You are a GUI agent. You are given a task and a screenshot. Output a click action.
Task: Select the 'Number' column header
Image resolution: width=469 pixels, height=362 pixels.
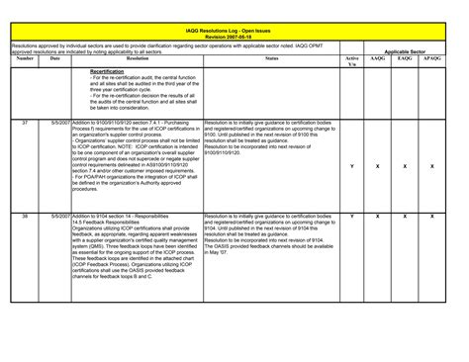pyautogui.click(x=25, y=59)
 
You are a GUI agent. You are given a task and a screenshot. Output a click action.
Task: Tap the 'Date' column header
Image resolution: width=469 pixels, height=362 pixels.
pyautogui.click(x=55, y=59)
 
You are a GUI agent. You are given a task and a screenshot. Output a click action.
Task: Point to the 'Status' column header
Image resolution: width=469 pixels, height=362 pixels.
pyautogui.click(x=271, y=59)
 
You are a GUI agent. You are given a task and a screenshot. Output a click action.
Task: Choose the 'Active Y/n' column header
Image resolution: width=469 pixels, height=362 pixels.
pyautogui.click(x=352, y=61)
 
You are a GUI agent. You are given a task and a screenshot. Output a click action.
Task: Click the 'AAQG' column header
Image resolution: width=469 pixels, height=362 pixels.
pyautogui.click(x=378, y=59)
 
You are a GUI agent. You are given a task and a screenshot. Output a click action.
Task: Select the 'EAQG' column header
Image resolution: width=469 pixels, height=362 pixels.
pyautogui.click(x=405, y=59)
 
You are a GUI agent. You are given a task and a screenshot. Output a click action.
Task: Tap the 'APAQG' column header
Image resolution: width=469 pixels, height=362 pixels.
pyautogui.click(x=432, y=59)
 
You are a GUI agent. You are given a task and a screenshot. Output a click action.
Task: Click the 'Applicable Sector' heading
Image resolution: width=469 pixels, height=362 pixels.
pyautogui.click(x=405, y=51)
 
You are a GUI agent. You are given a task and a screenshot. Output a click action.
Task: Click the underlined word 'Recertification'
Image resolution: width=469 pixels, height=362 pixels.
pyautogui.click(x=107, y=72)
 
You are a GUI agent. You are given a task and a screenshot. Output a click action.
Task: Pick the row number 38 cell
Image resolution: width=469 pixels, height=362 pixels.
pyautogui.click(x=25, y=215)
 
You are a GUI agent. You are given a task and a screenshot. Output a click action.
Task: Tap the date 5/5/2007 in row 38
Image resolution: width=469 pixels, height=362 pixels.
pyautogui.click(x=57, y=215)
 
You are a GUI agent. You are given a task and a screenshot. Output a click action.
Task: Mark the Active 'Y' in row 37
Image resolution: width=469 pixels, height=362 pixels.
pyautogui.click(x=352, y=166)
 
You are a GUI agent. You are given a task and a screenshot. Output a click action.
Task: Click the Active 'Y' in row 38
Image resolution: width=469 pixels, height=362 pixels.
pyautogui.click(x=352, y=215)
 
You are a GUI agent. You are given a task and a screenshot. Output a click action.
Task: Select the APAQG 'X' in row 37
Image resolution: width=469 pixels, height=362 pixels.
pyautogui.click(x=432, y=166)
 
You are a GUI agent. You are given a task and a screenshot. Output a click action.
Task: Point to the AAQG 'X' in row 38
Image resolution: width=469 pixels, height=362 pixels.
pyautogui.click(x=378, y=215)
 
